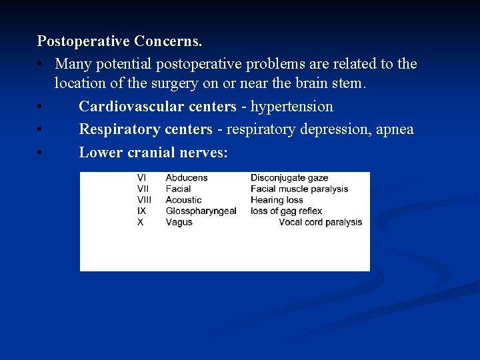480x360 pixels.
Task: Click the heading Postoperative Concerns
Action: pyautogui.click(x=119, y=41)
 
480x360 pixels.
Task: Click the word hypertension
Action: pyautogui.click(x=291, y=107)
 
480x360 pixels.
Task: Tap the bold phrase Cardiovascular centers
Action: pyautogui.click(x=157, y=107)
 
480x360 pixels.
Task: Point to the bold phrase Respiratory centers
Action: pyautogui.click(x=145, y=129)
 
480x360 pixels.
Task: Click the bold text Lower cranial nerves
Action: pyautogui.click(x=153, y=152)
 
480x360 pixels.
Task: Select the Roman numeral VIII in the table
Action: pyautogui.click(x=144, y=200)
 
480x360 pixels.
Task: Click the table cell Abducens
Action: pyautogui.click(x=186, y=178)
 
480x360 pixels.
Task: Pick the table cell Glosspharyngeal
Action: pyautogui.click(x=201, y=211)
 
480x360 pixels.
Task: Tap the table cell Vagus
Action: pyautogui.click(x=179, y=222)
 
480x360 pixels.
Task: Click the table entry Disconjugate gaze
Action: pyautogui.click(x=289, y=178)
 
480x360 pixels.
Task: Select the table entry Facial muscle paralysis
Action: pyautogui.click(x=299, y=189)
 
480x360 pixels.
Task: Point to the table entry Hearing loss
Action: pyautogui.click(x=276, y=200)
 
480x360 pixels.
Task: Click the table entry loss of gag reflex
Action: pyautogui.click(x=286, y=211)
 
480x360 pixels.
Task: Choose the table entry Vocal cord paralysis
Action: pyautogui.click(x=320, y=222)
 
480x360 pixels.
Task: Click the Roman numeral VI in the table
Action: pyautogui.click(x=141, y=178)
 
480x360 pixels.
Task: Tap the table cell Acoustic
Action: pyautogui.click(x=183, y=200)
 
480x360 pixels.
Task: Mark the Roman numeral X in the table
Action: pyautogui.click(x=140, y=222)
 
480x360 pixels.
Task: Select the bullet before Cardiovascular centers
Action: pyautogui.click(x=41, y=107)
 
